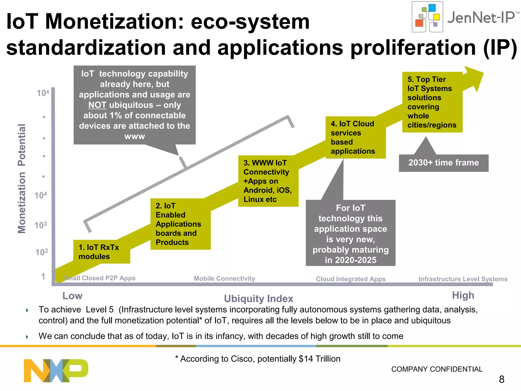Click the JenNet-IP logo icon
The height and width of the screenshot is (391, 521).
click(427, 17)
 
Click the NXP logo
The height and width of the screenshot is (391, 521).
click(56, 370)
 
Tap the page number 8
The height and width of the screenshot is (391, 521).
click(502, 379)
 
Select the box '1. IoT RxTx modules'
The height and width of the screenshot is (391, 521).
click(102, 252)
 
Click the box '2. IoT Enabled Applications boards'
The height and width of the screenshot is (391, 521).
click(180, 224)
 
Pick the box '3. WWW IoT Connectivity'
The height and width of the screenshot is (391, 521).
click(268, 181)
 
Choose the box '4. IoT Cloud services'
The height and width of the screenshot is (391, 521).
click(355, 137)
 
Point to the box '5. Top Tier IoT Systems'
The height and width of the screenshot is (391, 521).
click(432, 102)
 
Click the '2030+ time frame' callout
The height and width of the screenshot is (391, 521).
click(443, 163)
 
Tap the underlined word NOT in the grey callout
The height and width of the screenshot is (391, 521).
click(97, 105)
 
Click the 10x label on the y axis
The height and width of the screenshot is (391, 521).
click(43, 93)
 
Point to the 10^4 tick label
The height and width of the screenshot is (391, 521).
click(41, 195)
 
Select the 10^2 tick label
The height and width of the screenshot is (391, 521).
click(41, 252)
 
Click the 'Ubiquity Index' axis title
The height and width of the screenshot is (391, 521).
click(258, 299)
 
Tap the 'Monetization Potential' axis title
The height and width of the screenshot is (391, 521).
click(22, 178)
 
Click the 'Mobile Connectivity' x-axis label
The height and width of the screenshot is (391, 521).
click(224, 278)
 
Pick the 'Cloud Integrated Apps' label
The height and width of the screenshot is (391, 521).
click(351, 279)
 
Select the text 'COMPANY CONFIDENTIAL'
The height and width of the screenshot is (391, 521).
click(437, 369)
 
